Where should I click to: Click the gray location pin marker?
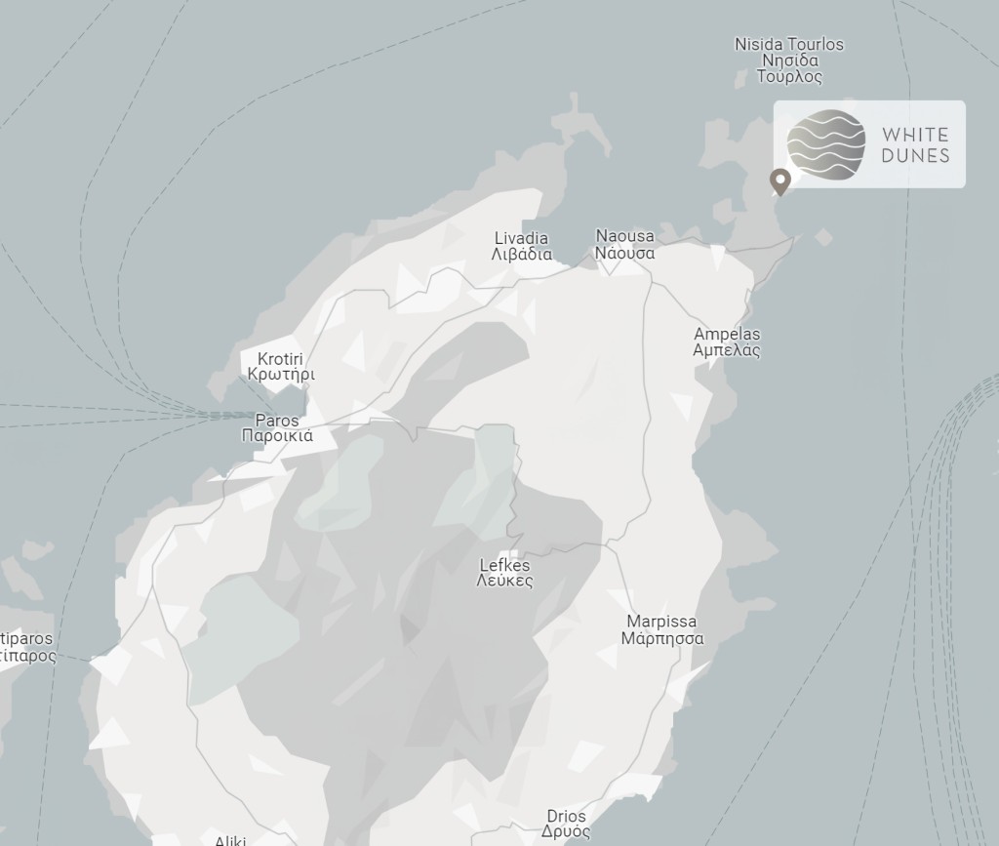tap(779, 181)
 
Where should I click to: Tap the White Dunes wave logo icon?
tap(826, 145)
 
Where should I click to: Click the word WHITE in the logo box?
tap(915, 135)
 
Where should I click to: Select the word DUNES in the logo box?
tap(915, 155)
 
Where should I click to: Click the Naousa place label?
tap(624, 236)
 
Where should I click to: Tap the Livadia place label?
tap(521, 238)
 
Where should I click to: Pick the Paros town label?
tap(277, 421)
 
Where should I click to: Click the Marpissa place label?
tap(662, 622)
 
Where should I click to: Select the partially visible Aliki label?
tap(232, 839)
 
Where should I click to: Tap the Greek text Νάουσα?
tap(624, 253)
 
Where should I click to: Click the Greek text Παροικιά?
tap(277, 436)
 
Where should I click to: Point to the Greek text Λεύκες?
tap(505, 581)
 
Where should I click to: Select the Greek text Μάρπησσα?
tap(662, 639)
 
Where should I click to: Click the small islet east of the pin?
tap(823, 236)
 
